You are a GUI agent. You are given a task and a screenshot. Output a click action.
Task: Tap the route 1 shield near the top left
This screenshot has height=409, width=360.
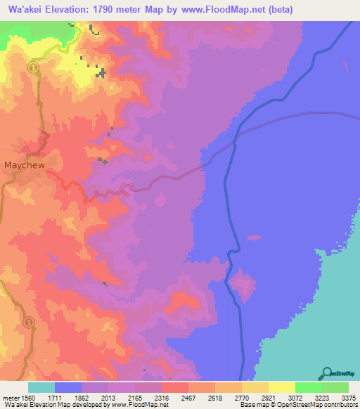point(32,67)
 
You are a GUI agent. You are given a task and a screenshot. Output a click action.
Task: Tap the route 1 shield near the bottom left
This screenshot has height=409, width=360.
point(29,323)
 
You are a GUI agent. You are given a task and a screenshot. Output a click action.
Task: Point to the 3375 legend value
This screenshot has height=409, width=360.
point(340,397)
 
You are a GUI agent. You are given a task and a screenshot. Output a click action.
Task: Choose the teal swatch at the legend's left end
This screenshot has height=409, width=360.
point(41,387)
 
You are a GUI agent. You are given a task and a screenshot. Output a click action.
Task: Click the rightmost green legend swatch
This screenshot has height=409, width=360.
point(335,387)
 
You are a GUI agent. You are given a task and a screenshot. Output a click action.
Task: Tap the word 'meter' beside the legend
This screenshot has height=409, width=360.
point(10,397)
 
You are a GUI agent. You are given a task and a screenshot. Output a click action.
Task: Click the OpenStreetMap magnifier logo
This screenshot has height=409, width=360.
point(326,372)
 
